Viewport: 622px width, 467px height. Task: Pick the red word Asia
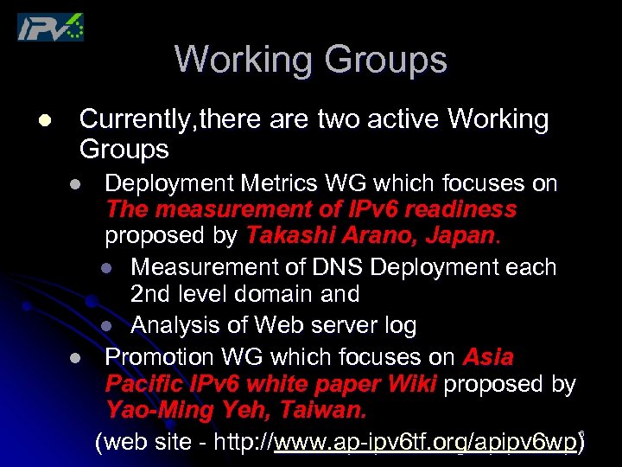click(488, 356)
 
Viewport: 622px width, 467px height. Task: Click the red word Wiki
click(413, 383)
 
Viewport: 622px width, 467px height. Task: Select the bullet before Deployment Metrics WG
click(76, 184)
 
